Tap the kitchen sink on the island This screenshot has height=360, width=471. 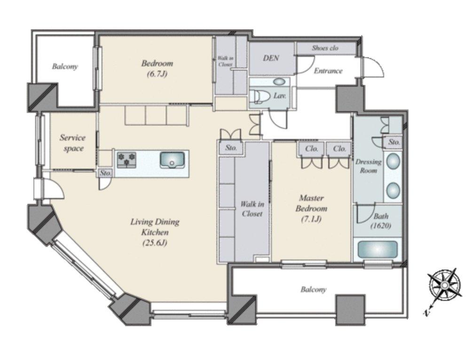(x=172, y=160)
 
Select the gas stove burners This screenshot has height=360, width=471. (x=126, y=160)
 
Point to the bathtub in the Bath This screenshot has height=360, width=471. (x=377, y=250)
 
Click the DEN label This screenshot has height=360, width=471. (x=271, y=58)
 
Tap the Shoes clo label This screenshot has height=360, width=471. (x=325, y=48)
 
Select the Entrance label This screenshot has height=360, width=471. (x=328, y=71)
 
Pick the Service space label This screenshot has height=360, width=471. (x=72, y=143)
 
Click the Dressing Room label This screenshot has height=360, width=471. (x=368, y=166)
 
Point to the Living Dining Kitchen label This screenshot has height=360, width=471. (x=155, y=232)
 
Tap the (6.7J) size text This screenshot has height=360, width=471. (x=157, y=74)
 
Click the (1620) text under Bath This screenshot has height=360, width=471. (x=381, y=226)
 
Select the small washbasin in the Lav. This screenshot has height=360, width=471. (x=280, y=81)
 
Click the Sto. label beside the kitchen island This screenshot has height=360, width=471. (x=106, y=173)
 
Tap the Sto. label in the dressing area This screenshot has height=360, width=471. (x=394, y=142)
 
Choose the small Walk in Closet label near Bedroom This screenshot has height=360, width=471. (x=225, y=61)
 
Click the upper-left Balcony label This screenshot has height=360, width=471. (x=64, y=66)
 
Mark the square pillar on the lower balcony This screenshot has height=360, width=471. (x=351, y=310)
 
